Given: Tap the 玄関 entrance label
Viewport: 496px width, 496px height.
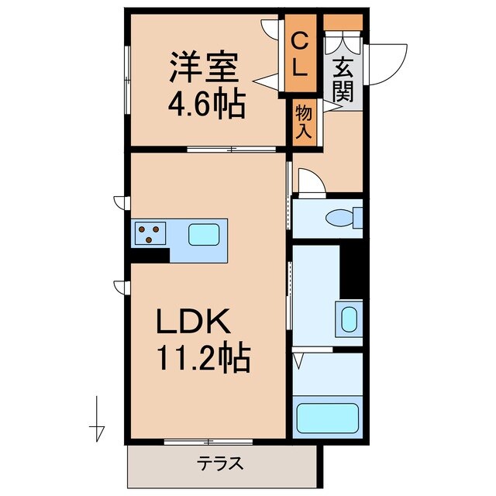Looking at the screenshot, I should click(x=344, y=80).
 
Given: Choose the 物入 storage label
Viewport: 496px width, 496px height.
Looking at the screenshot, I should click(x=304, y=122).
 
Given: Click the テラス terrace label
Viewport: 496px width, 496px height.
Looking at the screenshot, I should click(x=220, y=464).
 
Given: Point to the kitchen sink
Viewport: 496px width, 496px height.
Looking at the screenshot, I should click(x=205, y=234).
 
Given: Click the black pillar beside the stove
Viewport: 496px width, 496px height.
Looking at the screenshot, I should click(x=149, y=255).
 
